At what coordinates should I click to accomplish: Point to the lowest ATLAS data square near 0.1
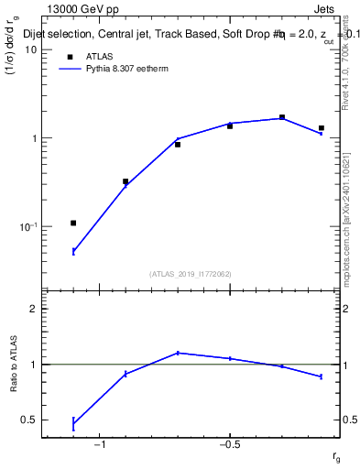pyautogui.click(x=73, y=223)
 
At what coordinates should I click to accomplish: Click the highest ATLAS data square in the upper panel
pyautogui.click(x=282, y=117)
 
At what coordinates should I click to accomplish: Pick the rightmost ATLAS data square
pyautogui.click(x=322, y=128)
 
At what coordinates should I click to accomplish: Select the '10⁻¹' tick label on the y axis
pyautogui.click(x=28, y=226)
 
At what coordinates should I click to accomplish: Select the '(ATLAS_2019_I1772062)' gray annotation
pyautogui.click(x=191, y=273)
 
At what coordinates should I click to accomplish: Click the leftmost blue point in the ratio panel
pyautogui.click(x=73, y=423)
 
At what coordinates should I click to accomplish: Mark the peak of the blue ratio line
pyautogui.click(x=178, y=353)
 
